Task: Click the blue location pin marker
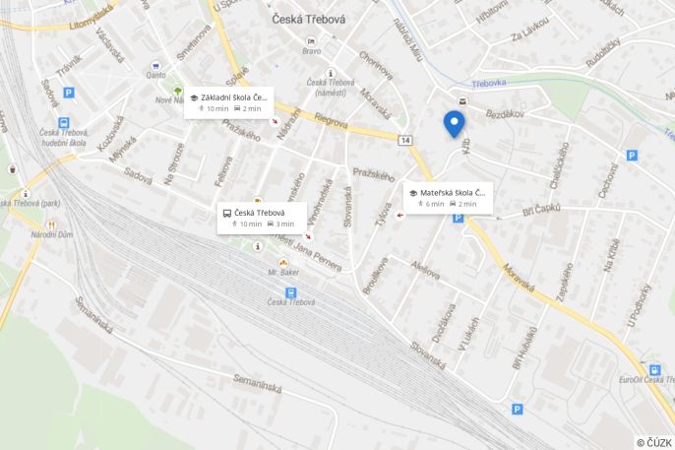(x=454, y=123)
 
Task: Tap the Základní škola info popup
(x=228, y=102)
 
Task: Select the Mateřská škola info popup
(x=449, y=197)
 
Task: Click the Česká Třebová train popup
(x=262, y=218)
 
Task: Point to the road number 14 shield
(x=405, y=141)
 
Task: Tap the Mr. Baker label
(x=282, y=271)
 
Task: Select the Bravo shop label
(x=312, y=51)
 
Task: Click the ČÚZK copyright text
(x=653, y=442)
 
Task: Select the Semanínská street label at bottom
(x=261, y=382)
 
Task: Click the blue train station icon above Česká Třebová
(x=290, y=292)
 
